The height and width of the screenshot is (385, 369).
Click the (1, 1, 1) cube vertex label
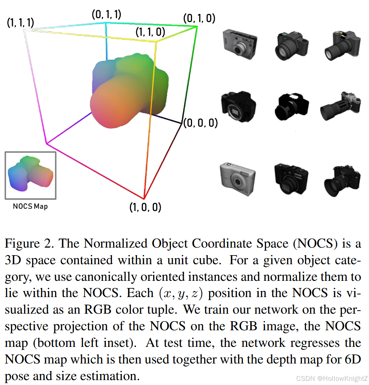pyautogui.click(x=21, y=23)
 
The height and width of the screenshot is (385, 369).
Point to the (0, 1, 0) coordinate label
pyautogui.click(x=199, y=18)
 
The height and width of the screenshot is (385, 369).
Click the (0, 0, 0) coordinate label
pyautogui.click(x=201, y=123)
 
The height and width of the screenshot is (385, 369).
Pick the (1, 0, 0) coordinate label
pyautogui.click(x=145, y=207)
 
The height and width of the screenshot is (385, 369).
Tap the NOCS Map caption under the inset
pyautogui.click(x=30, y=206)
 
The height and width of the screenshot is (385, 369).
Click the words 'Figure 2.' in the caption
pyautogui.click(x=30, y=243)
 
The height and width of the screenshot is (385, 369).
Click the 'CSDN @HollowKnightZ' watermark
pyautogui.click(x=331, y=378)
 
